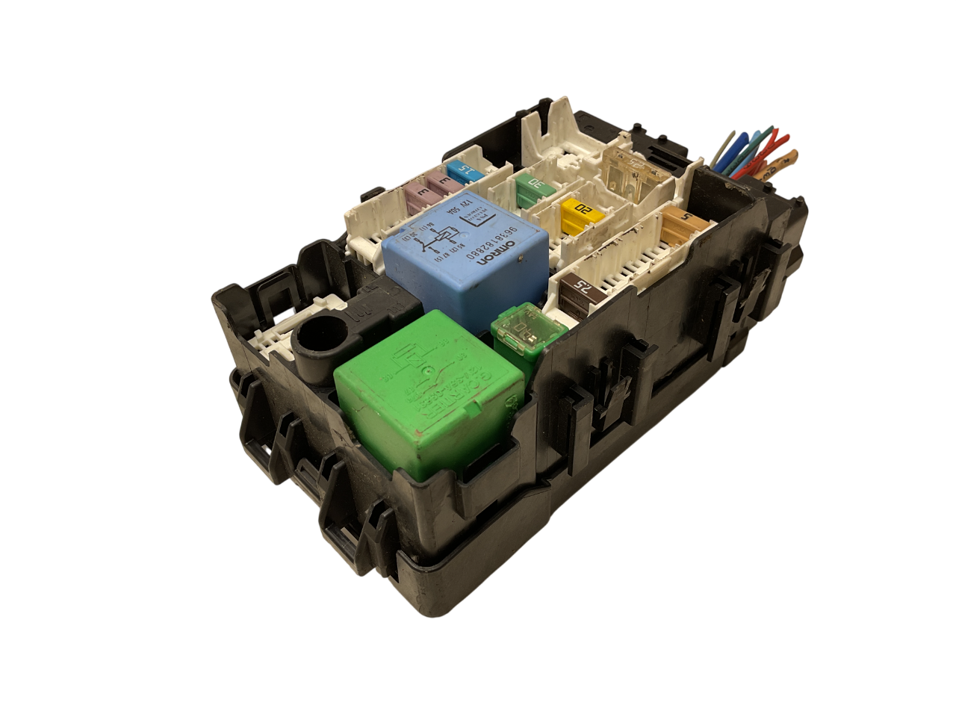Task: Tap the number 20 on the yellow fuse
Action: (587, 210)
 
